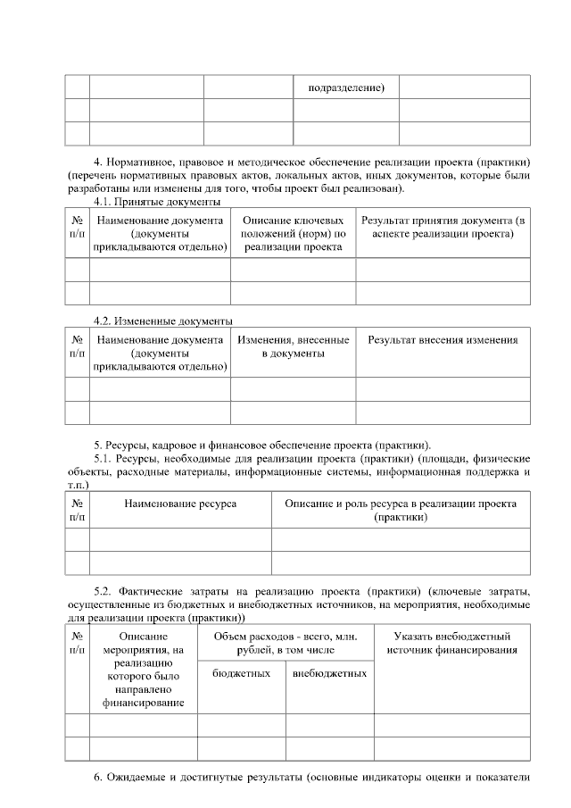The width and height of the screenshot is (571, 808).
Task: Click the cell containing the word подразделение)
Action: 346,87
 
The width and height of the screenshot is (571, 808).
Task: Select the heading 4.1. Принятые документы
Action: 158,203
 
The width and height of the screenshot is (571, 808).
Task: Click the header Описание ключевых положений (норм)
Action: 293,233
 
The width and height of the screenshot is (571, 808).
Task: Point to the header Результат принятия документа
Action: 443,227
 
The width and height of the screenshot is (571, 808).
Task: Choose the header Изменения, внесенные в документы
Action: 293,347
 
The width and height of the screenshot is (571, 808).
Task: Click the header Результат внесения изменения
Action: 443,340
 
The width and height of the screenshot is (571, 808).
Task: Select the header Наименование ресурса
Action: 180,504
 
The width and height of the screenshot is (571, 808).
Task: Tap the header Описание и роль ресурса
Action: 400,510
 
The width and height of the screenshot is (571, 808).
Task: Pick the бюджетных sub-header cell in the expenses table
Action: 241,673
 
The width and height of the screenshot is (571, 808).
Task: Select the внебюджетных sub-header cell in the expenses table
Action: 329,673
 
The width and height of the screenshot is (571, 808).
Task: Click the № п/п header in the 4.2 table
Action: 77,347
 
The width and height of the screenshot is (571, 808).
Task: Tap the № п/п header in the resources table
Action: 77,510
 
